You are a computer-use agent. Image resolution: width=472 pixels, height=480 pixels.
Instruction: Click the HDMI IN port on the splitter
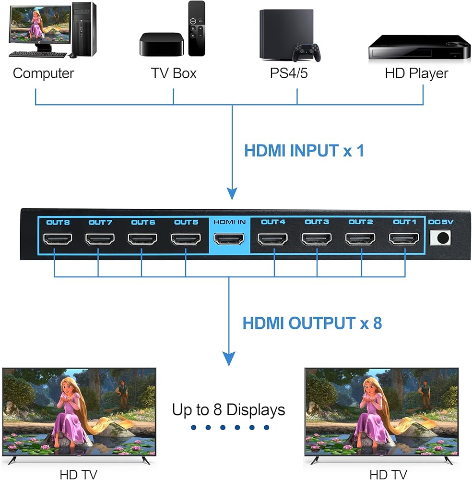coord(229,239)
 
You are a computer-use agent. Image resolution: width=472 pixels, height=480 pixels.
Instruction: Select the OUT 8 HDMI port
coord(58,239)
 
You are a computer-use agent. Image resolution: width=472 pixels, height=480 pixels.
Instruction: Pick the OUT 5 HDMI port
coord(186,239)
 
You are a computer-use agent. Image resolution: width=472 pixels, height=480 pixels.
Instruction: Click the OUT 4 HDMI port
coord(272,239)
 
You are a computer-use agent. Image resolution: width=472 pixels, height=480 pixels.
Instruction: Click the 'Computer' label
coord(44,73)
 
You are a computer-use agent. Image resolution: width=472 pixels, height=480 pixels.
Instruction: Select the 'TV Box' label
coord(174,73)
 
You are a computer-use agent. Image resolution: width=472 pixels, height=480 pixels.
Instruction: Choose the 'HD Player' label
coord(416,73)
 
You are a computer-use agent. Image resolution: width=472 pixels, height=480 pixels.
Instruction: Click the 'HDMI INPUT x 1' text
coord(304,151)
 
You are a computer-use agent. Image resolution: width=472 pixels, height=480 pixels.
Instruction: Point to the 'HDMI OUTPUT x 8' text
coord(312,323)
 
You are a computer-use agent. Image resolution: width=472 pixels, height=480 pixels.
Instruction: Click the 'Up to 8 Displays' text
coord(229,410)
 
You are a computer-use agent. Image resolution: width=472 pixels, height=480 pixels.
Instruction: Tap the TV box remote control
coord(197,28)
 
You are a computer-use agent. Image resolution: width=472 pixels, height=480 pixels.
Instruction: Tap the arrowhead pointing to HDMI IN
coord(232,194)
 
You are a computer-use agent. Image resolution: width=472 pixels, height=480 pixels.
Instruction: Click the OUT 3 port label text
coord(317,222)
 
